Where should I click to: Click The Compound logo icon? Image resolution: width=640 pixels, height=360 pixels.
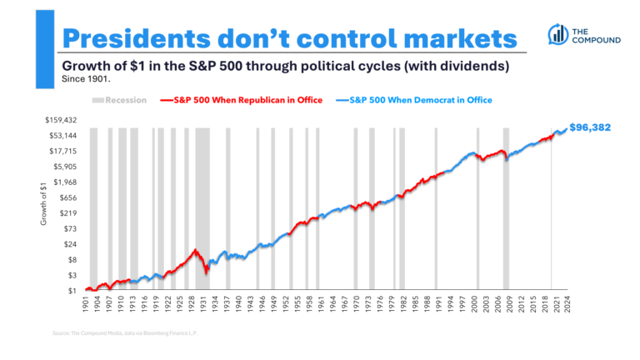coord(557,34)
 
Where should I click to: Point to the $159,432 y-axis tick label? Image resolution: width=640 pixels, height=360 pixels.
coord(61,120)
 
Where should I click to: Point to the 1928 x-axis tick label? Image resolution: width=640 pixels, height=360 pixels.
coord(195,304)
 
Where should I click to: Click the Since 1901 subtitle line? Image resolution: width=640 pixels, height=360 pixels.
coord(85,81)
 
